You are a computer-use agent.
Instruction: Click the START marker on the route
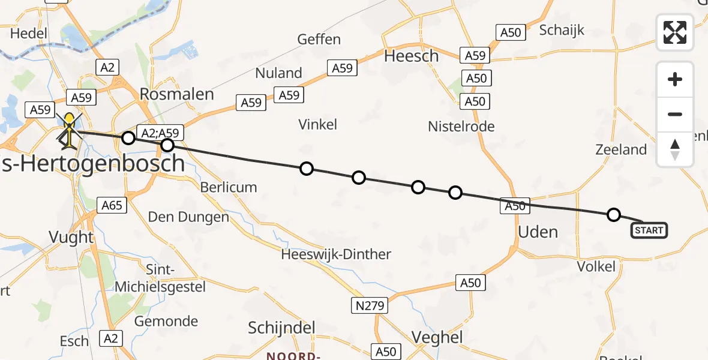[649, 230]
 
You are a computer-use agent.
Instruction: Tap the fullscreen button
[675, 32]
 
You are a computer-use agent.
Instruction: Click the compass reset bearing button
[675, 149]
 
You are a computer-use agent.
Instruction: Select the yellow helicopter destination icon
[70, 130]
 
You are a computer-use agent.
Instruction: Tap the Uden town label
[538, 232]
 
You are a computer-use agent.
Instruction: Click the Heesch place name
[411, 56]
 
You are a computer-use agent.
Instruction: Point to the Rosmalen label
[176, 94]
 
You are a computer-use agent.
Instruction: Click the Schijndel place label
[282, 328]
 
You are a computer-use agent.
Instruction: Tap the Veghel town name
[437, 337]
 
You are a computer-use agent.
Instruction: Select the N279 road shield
[370, 306]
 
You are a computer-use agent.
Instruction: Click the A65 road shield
[112, 206]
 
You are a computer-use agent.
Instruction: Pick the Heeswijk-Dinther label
[336, 254]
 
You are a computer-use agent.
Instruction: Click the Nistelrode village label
[461, 127]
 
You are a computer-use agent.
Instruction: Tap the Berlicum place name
[229, 187]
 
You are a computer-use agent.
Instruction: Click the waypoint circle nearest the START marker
[613, 214]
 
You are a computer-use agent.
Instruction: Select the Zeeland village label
[621, 150]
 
